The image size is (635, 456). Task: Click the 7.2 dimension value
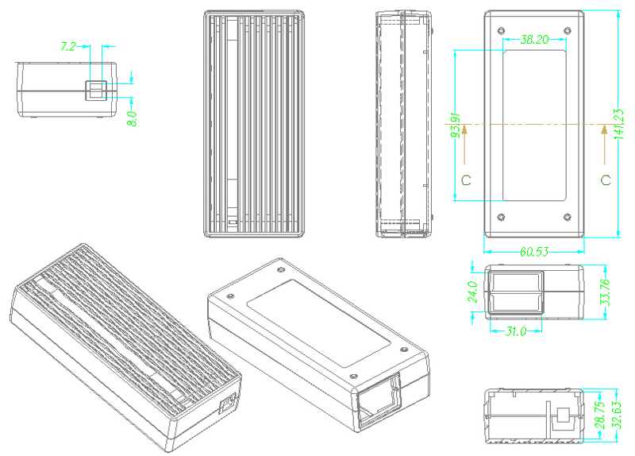point(69,47)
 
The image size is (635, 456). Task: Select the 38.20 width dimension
point(533,40)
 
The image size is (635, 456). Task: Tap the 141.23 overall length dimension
point(618,124)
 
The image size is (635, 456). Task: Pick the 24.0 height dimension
point(473,292)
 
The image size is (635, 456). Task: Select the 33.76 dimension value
point(604,292)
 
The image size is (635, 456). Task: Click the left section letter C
point(466,180)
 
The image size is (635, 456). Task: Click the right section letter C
point(606,180)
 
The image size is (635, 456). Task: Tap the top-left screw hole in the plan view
point(500,31)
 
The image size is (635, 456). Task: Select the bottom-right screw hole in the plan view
point(567,217)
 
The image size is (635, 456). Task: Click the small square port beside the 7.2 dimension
point(97,90)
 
